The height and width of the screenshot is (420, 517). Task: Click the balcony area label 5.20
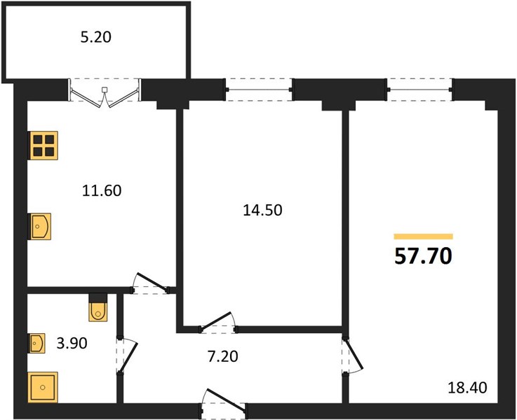[96, 37]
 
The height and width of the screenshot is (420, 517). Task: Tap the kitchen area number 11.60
[102, 191]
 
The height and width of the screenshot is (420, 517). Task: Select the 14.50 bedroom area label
[262, 210]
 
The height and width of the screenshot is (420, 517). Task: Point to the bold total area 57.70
[423, 256]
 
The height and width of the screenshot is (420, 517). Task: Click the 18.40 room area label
[467, 388]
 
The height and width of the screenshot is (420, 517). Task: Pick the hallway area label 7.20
[223, 356]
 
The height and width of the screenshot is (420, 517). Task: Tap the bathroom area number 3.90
[72, 343]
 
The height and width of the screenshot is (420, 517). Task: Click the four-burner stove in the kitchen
[43, 146]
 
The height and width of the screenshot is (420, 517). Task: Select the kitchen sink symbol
[40, 226]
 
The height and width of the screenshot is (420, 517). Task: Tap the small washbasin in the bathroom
[37, 344]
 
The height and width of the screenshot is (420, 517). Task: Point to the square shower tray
[43, 387]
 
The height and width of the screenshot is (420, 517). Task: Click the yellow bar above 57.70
[424, 237]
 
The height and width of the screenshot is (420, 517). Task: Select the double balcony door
[105, 93]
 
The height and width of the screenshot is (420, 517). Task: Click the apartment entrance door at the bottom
[224, 402]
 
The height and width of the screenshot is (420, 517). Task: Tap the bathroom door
[127, 356]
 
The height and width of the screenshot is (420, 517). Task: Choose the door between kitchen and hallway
[151, 283]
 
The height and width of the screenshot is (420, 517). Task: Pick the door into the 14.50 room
[217, 322]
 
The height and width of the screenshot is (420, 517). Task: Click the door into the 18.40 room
[352, 356]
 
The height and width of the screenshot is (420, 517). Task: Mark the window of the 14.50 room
[259, 90]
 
